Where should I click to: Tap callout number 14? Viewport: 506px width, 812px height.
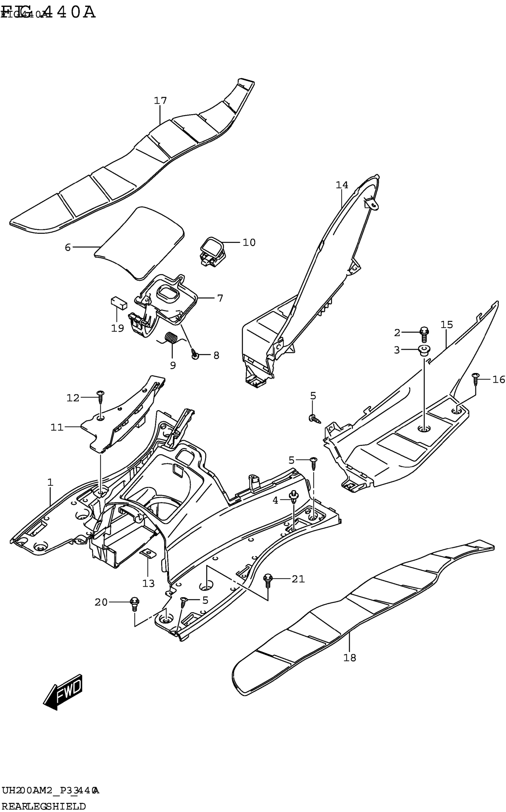click(x=342, y=185)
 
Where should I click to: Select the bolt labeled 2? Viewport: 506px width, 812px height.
click(x=424, y=334)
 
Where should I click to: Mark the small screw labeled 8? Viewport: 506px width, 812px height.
click(x=195, y=355)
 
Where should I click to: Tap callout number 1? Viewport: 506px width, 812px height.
click(x=50, y=482)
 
